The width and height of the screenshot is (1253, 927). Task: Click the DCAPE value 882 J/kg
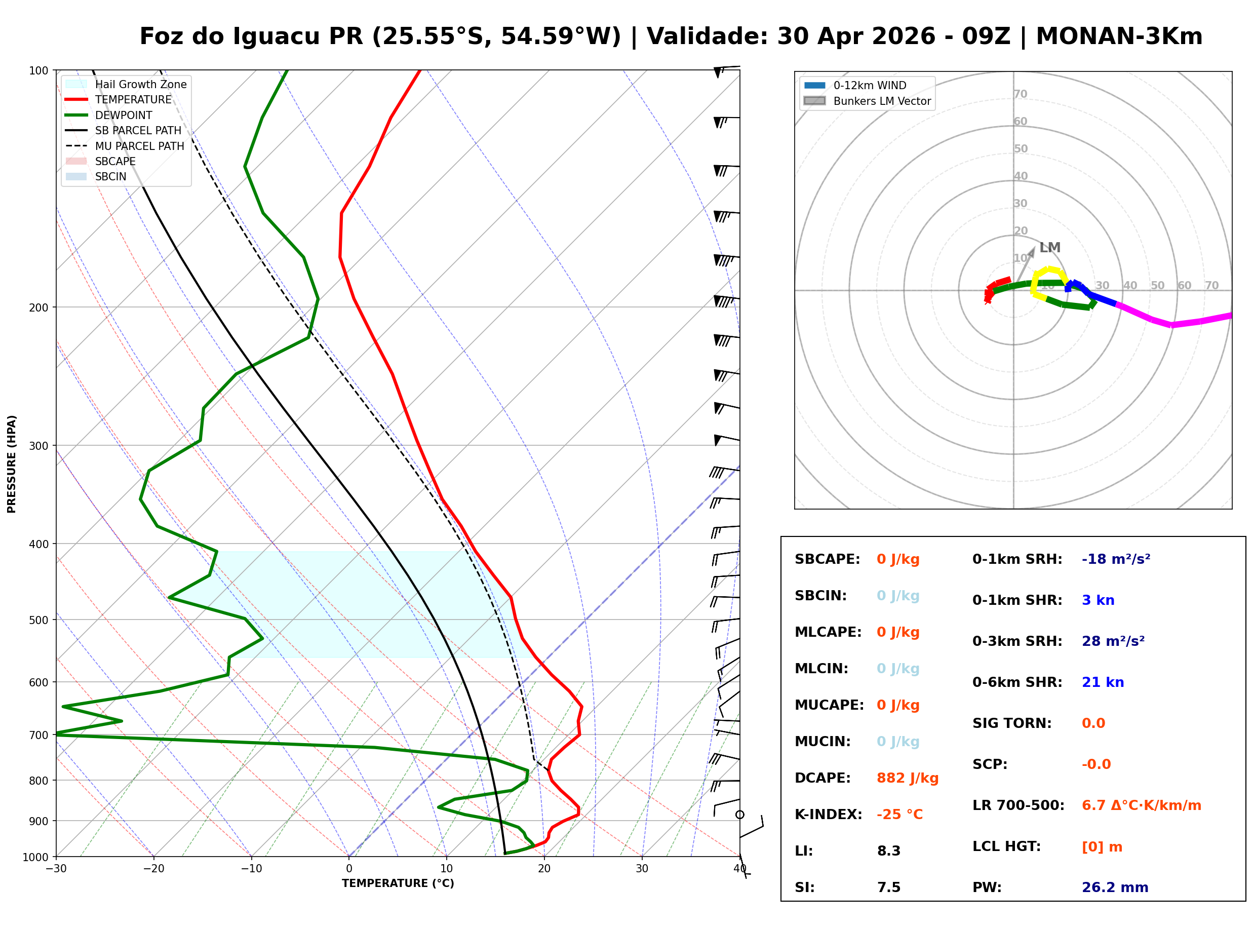[x=907, y=778]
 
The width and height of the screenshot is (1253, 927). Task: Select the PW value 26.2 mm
[x=1114, y=887]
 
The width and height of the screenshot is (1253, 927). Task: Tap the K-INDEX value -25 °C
[x=899, y=814]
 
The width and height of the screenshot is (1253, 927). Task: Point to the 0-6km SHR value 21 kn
[x=1102, y=682]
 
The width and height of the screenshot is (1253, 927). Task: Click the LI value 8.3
[x=888, y=851]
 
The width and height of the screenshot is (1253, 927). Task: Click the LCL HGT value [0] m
[x=1102, y=847]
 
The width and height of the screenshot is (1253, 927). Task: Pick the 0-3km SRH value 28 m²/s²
[x=1113, y=641]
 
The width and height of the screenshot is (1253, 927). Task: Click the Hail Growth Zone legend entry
[x=140, y=84]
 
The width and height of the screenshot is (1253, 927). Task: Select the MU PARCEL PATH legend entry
[x=139, y=146]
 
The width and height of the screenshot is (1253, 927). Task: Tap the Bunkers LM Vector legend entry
[x=882, y=101]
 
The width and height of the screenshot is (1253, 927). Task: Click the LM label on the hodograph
[x=1049, y=248]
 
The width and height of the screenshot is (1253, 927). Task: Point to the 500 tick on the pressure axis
[x=38, y=620]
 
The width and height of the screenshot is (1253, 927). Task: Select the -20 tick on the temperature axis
[x=153, y=869]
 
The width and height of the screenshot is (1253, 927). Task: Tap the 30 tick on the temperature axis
[x=642, y=869]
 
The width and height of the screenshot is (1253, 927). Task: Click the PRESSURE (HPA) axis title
[x=12, y=463]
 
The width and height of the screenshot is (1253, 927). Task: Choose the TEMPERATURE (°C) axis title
[x=398, y=883]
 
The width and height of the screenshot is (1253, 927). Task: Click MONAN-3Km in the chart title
[x=1119, y=36]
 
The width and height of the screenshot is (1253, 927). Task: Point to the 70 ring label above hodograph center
[x=1020, y=94]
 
